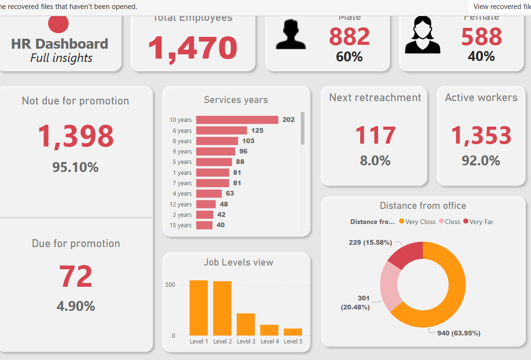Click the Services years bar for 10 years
coord(237,120)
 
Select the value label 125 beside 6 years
coord(257,130)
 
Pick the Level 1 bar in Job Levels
coord(199,308)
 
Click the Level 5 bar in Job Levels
coord(293,332)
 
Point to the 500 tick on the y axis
coord(170,285)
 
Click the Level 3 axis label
coord(246,342)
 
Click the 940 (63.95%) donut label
coord(458,333)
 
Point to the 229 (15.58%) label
coord(371,242)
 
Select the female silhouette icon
coord(422,35)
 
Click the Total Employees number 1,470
coord(193,48)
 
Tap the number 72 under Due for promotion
coord(76,277)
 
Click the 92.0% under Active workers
coord(480,161)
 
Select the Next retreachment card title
coord(375,97)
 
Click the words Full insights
coord(61,58)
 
